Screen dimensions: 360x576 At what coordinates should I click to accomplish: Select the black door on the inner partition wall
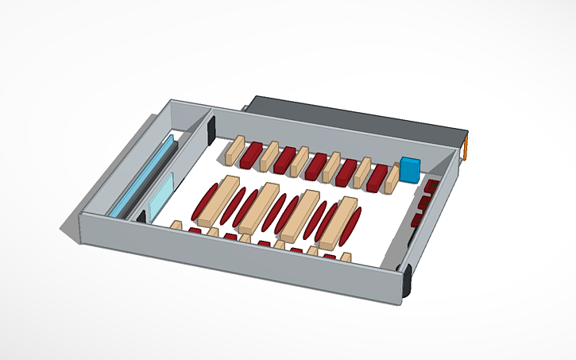pos(212,130)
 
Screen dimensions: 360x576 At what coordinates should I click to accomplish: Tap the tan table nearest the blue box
pos(392,178)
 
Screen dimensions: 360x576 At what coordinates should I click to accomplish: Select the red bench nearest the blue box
pos(377,177)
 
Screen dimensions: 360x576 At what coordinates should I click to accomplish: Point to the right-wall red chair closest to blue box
pos(431,187)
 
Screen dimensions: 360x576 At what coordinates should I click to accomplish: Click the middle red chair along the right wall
pos(424,203)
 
